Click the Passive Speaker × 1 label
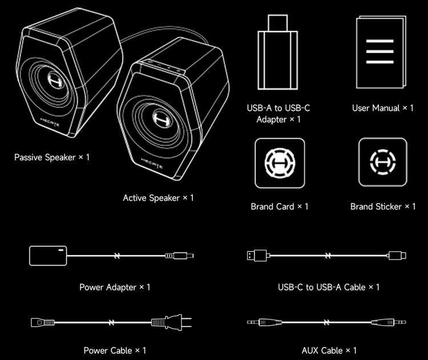52,156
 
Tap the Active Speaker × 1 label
158,198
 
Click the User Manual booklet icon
381,53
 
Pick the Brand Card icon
280,163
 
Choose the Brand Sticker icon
382,163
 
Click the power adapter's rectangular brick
49,255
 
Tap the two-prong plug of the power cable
171,322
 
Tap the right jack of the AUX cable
394,322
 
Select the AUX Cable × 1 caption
329,350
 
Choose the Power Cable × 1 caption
115,350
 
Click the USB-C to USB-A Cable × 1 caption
329,287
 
